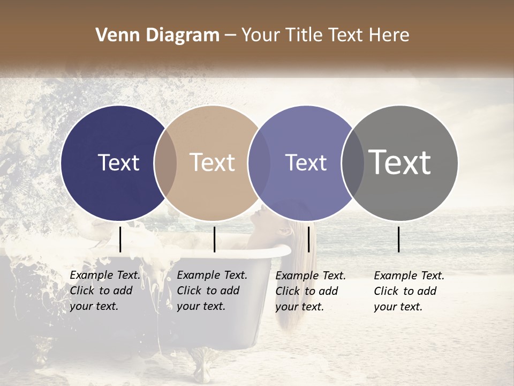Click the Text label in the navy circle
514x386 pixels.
click(x=118, y=163)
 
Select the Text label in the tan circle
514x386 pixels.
click(x=212, y=163)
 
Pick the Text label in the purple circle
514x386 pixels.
click(x=306, y=163)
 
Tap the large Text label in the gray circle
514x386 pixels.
click(x=400, y=162)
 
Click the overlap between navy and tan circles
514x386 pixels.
click(x=165, y=163)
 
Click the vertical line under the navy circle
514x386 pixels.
click(x=120, y=239)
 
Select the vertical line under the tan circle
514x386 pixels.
click(x=214, y=239)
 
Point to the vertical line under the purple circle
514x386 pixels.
click(x=308, y=239)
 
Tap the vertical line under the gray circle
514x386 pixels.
click(x=399, y=239)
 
